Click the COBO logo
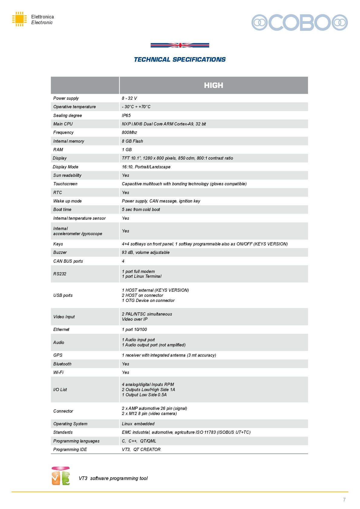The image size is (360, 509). pos(300,22)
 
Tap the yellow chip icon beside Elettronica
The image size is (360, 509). pos(19,19)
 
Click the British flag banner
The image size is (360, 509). pos(180,45)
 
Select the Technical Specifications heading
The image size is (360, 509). pos(180,60)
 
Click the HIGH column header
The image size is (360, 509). pos(213,85)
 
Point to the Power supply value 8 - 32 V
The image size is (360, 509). pos(129,98)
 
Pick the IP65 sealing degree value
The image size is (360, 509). pos(126,115)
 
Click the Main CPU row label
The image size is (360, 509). pos(63,124)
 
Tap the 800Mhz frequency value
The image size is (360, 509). pos(129,132)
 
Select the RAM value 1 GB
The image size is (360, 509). pos(127,150)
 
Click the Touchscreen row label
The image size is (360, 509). pos(65,184)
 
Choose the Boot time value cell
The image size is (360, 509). pos(141,209)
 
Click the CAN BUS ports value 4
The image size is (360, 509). pos(123,261)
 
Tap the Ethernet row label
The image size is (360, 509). pos(61,329)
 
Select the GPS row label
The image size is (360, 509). pos(58,355)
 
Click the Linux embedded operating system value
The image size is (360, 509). pos(138,424)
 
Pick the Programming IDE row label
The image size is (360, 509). pos(70,449)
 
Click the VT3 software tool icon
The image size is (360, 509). pos(61,476)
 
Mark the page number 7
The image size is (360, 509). pos(344,500)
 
